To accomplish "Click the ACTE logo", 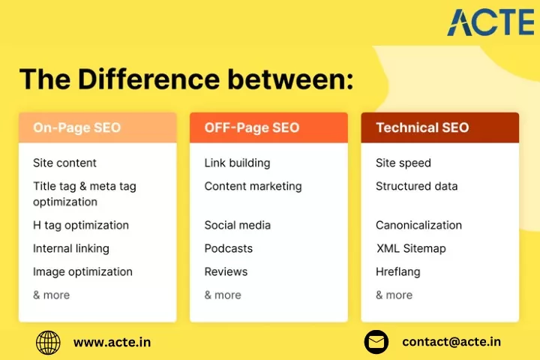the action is tap(490, 22).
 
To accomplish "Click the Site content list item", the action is tap(64, 163).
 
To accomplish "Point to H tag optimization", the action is tap(81, 225).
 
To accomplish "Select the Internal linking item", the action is tap(71, 248).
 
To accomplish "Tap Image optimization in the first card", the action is tap(82, 271).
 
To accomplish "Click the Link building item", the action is tap(237, 163).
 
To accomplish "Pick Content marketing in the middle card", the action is tap(253, 186).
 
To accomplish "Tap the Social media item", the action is tap(238, 225).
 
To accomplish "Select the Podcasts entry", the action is tap(229, 248).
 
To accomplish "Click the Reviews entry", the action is tap(226, 271).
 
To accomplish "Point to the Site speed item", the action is tap(403, 163).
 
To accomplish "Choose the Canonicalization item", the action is tap(418, 225).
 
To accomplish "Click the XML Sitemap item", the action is tap(411, 248).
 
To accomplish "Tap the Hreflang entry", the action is tap(398, 271).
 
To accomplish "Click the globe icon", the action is tap(48, 343).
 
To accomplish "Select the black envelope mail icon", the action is tap(376, 342).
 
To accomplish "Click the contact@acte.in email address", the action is tap(451, 342).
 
